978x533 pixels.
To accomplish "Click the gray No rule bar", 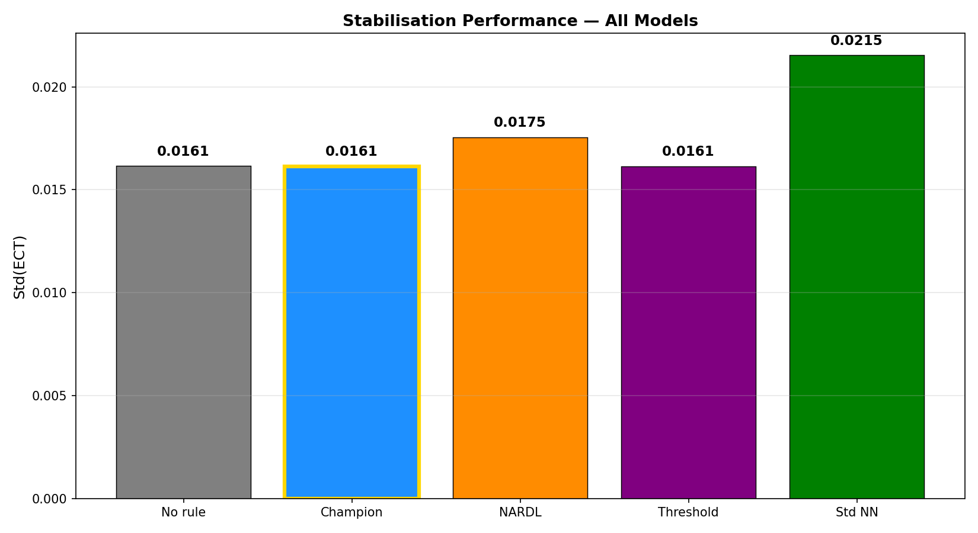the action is coord(184,332).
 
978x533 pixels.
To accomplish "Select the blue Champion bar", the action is coord(352,332).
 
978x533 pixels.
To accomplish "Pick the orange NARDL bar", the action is coord(520,318).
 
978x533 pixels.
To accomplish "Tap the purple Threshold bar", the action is coord(689,332).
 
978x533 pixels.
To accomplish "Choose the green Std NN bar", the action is coord(856,277).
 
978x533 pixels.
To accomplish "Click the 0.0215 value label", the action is coord(856,40).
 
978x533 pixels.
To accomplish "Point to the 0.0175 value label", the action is coord(520,122).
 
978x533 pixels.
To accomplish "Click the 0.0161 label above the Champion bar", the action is coord(351,151).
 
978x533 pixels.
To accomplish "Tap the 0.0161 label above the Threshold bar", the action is coord(688,151).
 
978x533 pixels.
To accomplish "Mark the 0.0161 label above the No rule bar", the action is coord(183,151).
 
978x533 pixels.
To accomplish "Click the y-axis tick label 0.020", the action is coord(49,87).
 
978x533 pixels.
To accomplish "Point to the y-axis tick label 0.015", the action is coord(49,190).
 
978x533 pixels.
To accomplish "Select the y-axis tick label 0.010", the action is coord(49,293).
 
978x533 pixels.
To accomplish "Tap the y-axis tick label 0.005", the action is coord(49,396).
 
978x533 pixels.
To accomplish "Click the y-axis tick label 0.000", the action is coord(49,499).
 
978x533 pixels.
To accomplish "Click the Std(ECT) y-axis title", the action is coord(20,267).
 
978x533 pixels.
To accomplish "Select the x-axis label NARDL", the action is coord(520,512).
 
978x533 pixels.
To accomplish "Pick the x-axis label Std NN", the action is coord(856,512).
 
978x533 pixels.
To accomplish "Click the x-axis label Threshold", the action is coord(688,512).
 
